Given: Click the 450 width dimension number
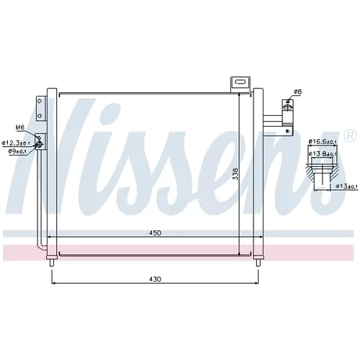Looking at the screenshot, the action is click(155, 233).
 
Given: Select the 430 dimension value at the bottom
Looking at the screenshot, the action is click(155, 279).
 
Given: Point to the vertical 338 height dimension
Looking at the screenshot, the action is click(235, 174).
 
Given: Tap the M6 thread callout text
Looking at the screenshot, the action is click(20, 127).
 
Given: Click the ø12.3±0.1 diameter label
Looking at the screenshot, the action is click(16, 143).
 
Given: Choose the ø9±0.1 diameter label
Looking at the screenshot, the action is click(19, 151).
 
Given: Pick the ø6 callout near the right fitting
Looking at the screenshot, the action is click(298, 91).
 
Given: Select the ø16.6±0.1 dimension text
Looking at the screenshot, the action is click(323, 142).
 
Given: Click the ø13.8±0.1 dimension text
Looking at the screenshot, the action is click(323, 153).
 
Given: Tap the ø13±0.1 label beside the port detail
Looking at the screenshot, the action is click(346, 186).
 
